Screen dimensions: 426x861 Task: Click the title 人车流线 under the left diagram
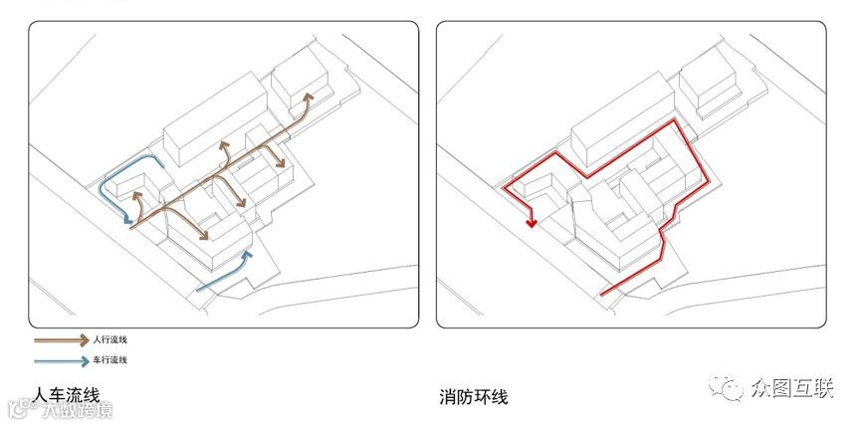[67, 395]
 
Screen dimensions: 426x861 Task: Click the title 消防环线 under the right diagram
[474, 397]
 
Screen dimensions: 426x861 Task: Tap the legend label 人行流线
[110, 340]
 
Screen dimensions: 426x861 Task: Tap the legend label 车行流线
[110, 359]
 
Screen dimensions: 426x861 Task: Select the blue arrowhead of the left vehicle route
[130, 220]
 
